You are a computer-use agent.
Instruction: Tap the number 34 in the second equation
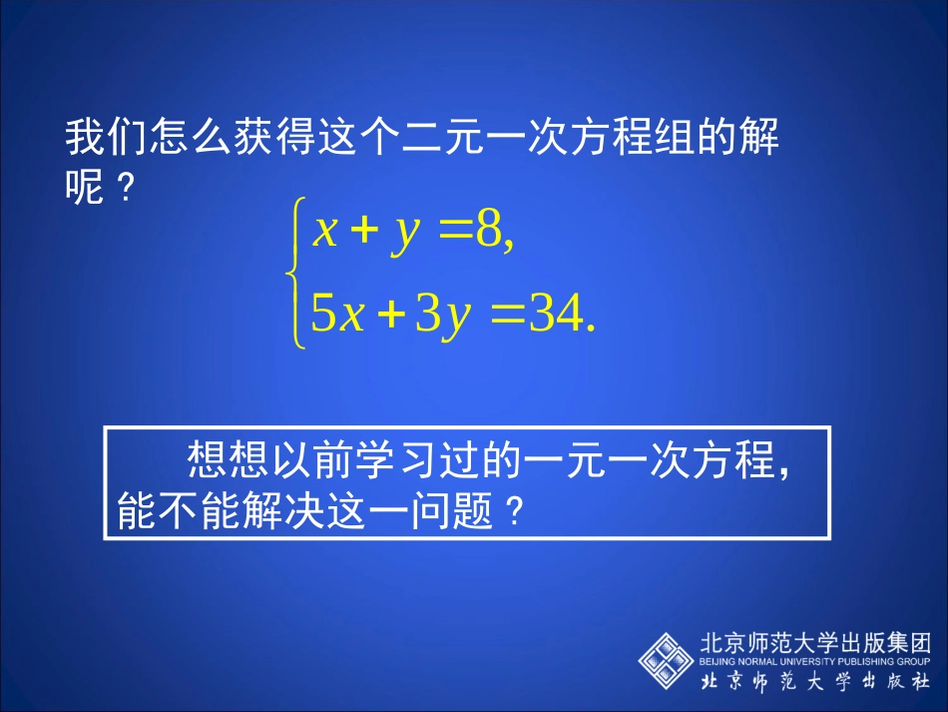pyautogui.click(x=555, y=316)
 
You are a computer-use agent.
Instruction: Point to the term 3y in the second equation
pyautogui.click(x=443, y=316)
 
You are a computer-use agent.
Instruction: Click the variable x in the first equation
pyautogui.click(x=326, y=232)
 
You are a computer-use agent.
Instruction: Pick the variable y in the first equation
pyautogui.click(x=405, y=233)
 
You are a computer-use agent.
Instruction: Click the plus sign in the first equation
pyautogui.click(x=365, y=233)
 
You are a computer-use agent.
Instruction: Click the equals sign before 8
pyautogui.click(x=455, y=233)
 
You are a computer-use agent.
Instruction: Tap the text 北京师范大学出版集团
pyautogui.click(x=816, y=642)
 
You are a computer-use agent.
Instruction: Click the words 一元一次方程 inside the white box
pyautogui.click(x=654, y=461)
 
